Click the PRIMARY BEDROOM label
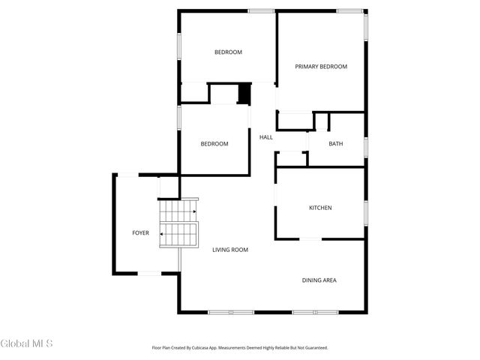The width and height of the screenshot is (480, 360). pos(321,67)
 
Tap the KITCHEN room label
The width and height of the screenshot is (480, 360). pos(320,208)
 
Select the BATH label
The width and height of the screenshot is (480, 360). pos(336,143)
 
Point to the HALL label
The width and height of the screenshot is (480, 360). pos(265,137)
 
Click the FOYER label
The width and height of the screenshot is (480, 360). pos(140,232)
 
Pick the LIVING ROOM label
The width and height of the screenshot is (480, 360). pos(229,250)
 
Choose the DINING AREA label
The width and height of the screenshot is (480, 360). pos(319,280)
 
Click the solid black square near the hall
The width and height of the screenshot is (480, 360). pos(244,94)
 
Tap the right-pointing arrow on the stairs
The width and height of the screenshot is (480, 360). pos(193,212)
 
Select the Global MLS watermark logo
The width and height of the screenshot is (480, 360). pos(27,344)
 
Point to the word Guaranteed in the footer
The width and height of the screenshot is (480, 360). pos(313,348)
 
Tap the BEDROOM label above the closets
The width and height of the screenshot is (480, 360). pos(228,52)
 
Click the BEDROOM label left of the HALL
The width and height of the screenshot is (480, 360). pos(214,144)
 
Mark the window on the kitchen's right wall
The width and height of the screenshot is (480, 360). pos(365,213)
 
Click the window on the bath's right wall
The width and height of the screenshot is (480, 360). pos(365,146)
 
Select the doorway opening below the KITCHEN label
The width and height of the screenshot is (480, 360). pos(310,239)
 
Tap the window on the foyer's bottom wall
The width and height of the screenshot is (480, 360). pos(149,273)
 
